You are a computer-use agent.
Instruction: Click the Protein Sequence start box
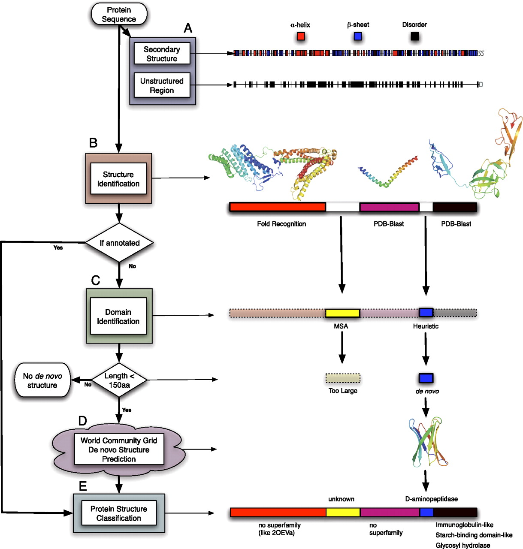[119, 14]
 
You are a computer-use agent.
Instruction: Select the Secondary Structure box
[162, 54]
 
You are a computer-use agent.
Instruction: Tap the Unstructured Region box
[162, 85]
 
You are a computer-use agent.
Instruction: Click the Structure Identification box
[118, 179]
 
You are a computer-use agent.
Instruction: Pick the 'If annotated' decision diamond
[119, 243]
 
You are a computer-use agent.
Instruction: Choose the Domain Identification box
[118, 317]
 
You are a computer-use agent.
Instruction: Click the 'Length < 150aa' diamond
[119, 380]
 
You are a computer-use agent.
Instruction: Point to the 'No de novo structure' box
[42, 380]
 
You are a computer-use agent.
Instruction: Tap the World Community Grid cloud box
[119, 449]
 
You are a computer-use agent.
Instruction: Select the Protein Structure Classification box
[119, 513]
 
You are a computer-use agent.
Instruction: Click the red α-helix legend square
[301, 36]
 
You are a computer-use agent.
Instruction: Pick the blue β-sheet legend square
[358, 36]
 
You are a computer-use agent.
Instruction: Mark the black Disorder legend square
[414, 36]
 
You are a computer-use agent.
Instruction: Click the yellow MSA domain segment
[342, 313]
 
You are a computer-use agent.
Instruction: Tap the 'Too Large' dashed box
[343, 378]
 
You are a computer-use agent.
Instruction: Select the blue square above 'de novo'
[426, 378]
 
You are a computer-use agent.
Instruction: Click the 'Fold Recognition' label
[281, 224]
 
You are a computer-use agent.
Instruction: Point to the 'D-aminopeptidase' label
[431, 499]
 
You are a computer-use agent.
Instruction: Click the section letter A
[188, 28]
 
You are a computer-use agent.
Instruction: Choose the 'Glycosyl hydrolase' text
[463, 545]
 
